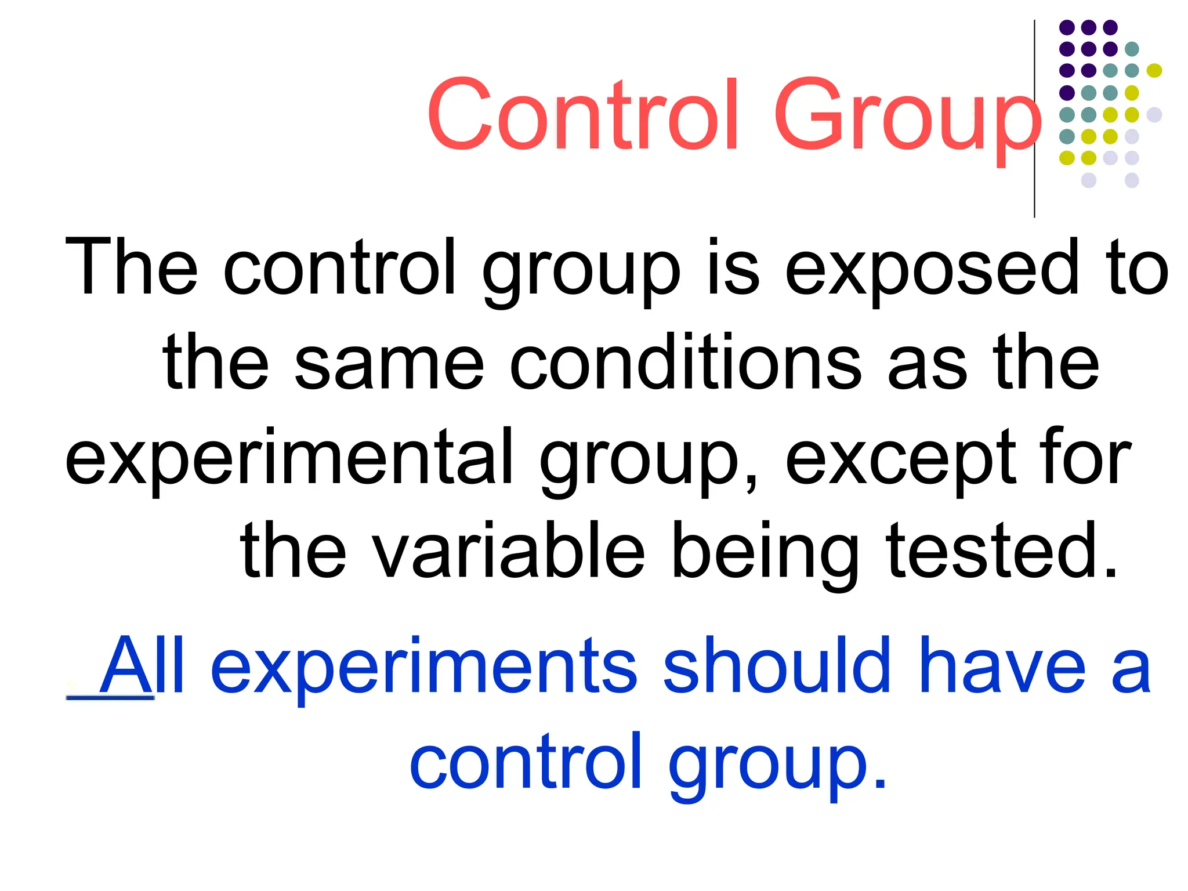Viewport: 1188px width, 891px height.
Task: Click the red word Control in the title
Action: [583, 114]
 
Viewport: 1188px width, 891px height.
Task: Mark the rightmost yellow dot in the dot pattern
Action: [1154, 71]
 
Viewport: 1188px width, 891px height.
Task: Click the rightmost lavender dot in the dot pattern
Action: [1154, 114]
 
